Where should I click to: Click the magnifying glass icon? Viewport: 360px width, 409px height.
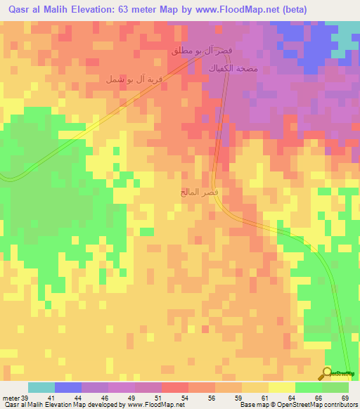(327, 373)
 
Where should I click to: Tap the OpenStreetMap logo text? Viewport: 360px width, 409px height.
(342, 374)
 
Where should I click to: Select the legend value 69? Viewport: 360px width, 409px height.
(345, 398)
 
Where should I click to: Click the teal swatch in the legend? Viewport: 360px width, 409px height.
(41, 387)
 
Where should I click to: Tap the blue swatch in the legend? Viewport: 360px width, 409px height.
(68, 387)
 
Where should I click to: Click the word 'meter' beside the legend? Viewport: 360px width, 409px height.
(10, 398)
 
